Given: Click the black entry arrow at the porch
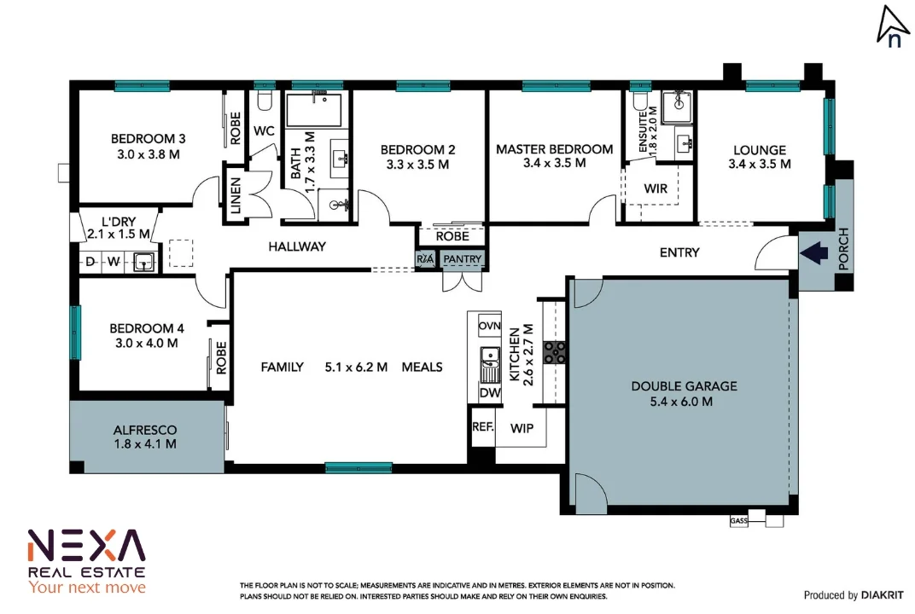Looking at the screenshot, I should click(x=814, y=252).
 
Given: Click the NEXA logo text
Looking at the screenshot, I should click(x=86, y=545).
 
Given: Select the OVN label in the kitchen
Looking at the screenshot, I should click(x=489, y=327).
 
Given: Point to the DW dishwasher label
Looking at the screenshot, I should click(x=489, y=393).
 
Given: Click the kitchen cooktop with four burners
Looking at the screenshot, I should click(x=556, y=351).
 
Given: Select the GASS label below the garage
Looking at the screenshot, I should click(x=738, y=520).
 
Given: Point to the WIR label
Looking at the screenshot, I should click(x=656, y=188).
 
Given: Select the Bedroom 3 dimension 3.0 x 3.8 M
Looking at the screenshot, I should click(x=149, y=154).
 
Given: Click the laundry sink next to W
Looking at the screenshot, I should click(x=144, y=262).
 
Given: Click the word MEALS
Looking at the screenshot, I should click(x=422, y=367).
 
